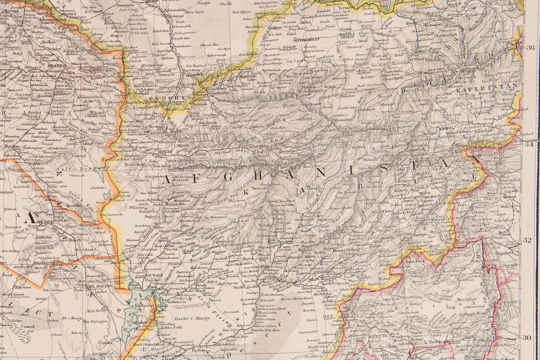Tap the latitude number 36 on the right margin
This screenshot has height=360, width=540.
530,47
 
